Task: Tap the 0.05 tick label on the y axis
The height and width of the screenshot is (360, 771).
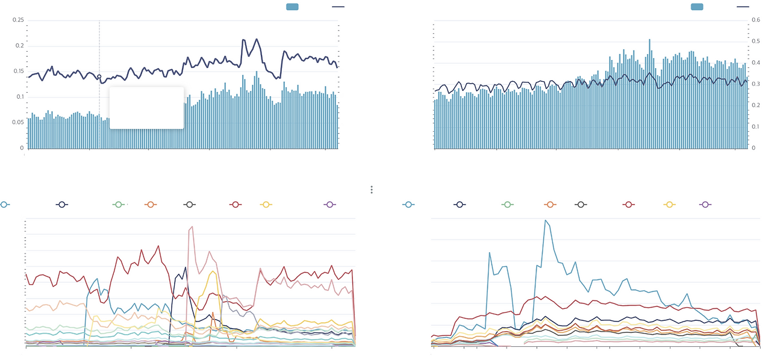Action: click(x=18, y=122)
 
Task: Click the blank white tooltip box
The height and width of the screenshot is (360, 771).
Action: click(x=146, y=108)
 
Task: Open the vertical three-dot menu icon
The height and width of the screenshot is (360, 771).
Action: click(x=372, y=190)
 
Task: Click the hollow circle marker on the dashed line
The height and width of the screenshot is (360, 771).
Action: click(x=99, y=76)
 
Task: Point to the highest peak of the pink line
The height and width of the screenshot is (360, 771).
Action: click(x=192, y=227)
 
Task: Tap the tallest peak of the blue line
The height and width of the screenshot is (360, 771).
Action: click(x=546, y=220)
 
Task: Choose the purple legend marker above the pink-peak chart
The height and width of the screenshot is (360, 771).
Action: click(x=329, y=205)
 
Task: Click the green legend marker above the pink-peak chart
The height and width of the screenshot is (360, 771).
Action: click(x=119, y=205)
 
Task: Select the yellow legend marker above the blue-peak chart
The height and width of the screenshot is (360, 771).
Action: click(x=669, y=205)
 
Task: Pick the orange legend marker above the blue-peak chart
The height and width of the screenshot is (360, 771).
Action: click(x=549, y=205)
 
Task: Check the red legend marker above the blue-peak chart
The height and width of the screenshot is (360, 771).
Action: click(x=629, y=205)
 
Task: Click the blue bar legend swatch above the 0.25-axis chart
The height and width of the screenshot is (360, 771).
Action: click(x=293, y=7)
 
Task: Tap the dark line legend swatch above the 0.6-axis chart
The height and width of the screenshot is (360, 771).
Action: click(x=743, y=7)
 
